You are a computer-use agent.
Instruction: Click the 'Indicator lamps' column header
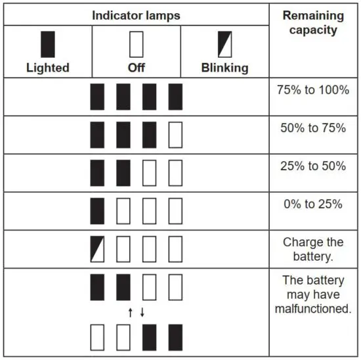point(136,14)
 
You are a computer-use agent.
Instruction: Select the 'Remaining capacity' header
point(312,22)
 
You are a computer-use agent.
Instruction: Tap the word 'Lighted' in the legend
point(48,68)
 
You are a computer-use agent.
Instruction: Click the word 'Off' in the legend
point(136,68)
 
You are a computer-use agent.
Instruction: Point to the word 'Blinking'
point(224,68)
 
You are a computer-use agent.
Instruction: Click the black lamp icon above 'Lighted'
point(48,44)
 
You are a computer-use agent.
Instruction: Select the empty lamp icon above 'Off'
point(136,44)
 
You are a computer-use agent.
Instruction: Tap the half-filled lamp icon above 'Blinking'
point(224,44)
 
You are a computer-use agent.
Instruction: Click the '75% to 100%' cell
point(312,90)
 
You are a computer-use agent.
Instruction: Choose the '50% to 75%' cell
point(312,128)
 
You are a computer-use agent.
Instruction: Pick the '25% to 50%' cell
point(312,166)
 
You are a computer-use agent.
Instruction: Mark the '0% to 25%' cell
point(312,204)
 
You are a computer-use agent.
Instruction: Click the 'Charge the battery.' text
point(312,248)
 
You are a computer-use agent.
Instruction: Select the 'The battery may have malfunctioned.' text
point(312,294)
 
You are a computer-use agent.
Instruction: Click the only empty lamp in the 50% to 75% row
point(175,135)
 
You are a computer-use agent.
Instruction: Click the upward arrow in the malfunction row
point(130,313)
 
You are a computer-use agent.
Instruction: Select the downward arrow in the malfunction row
point(142,313)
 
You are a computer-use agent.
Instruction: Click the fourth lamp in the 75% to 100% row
point(175,97)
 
